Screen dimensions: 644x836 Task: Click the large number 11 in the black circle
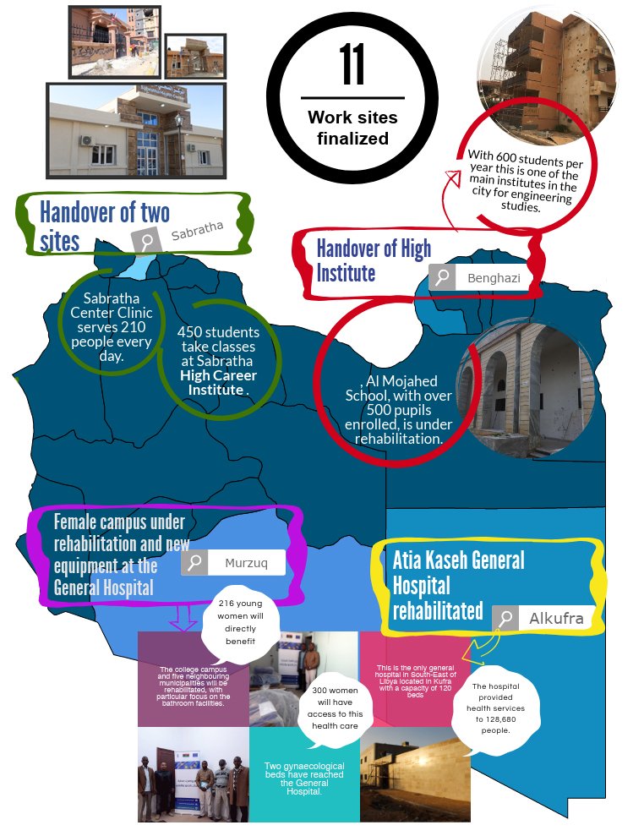(x=352, y=65)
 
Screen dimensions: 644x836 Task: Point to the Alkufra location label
(x=556, y=619)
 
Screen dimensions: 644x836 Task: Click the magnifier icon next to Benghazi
(x=442, y=277)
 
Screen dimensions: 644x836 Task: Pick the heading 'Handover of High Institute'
(x=373, y=260)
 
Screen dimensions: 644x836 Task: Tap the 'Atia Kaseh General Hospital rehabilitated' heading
(x=458, y=584)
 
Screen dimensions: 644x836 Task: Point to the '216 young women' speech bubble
(x=240, y=622)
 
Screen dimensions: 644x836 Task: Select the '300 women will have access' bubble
(x=337, y=708)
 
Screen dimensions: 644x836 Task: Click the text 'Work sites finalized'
(x=352, y=128)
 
